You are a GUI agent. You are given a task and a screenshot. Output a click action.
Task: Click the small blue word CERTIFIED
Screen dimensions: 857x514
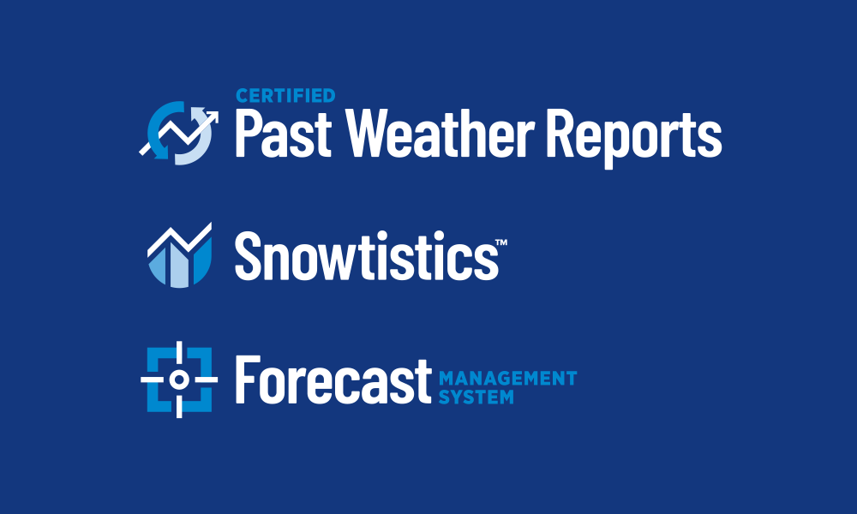pos(285,96)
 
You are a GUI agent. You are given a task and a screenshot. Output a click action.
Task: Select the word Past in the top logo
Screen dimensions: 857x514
pos(283,133)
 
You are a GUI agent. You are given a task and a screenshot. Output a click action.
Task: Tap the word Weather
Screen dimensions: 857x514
pos(440,133)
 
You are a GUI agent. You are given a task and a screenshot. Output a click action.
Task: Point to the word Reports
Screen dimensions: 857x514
pos(634,138)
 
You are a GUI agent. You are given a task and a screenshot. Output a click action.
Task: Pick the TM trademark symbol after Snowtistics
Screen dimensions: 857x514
pos(501,242)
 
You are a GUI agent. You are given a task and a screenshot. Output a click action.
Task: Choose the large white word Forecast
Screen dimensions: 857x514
pos(333,380)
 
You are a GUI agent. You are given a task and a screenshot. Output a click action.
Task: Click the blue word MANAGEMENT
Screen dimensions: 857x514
pos(507,378)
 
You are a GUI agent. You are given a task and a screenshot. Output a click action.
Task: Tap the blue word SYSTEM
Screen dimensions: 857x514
pos(476,397)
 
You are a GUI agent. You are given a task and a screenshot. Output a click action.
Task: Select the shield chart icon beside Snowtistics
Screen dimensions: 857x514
pos(179,255)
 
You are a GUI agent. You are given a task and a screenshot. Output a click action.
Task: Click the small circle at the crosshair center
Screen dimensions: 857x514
pos(179,380)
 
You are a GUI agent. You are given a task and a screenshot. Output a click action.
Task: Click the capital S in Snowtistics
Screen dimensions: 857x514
pos(249,255)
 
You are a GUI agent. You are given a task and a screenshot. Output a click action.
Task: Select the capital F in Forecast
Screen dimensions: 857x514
pos(248,380)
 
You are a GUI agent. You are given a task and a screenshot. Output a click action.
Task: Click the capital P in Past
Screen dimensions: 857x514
pos(249,133)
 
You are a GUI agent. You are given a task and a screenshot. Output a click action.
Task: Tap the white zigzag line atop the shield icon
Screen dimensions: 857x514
pos(179,241)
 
